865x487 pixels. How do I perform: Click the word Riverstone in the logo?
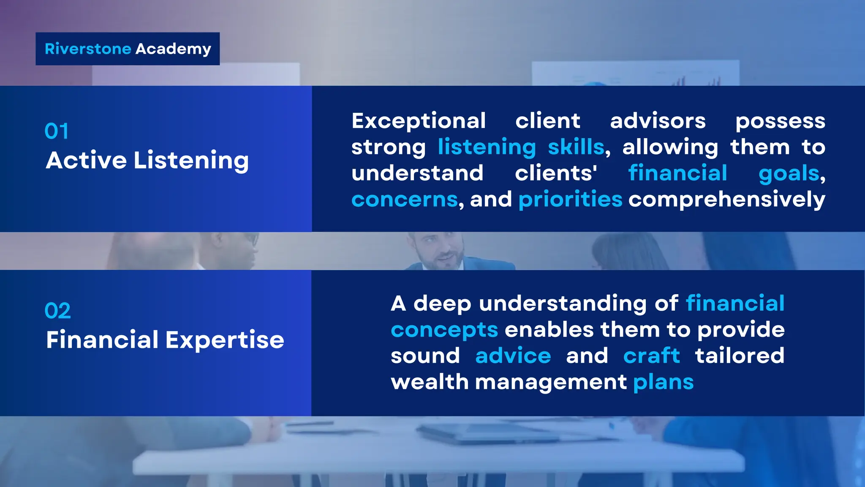[x=88, y=49]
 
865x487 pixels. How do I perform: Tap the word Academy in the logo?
[x=173, y=49]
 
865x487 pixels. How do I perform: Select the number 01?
[x=56, y=131]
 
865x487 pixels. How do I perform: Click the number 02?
[x=57, y=311]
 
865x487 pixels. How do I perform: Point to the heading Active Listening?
[x=147, y=161]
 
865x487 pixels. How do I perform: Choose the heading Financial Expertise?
[x=165, y=340]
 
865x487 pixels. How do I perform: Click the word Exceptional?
[x=419, y=121]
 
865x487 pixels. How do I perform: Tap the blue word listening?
[x=487, y=148]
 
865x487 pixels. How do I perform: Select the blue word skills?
[x=576, y=148]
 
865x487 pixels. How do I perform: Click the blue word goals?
[x=789, y=174]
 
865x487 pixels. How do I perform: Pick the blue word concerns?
[x=404, y=200]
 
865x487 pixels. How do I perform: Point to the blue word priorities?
[x=570, y=200]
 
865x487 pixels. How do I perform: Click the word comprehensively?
[x=726, y=200]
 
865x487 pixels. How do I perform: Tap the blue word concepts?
[x=444, y=330]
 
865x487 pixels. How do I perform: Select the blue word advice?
[x=513, y=356]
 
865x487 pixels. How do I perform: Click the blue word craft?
[x=651, y=356]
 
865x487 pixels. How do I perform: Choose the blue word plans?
[x=663, y=383]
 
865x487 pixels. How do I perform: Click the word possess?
[x=780, y=121]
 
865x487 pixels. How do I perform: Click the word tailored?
[x=740, y=356]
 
